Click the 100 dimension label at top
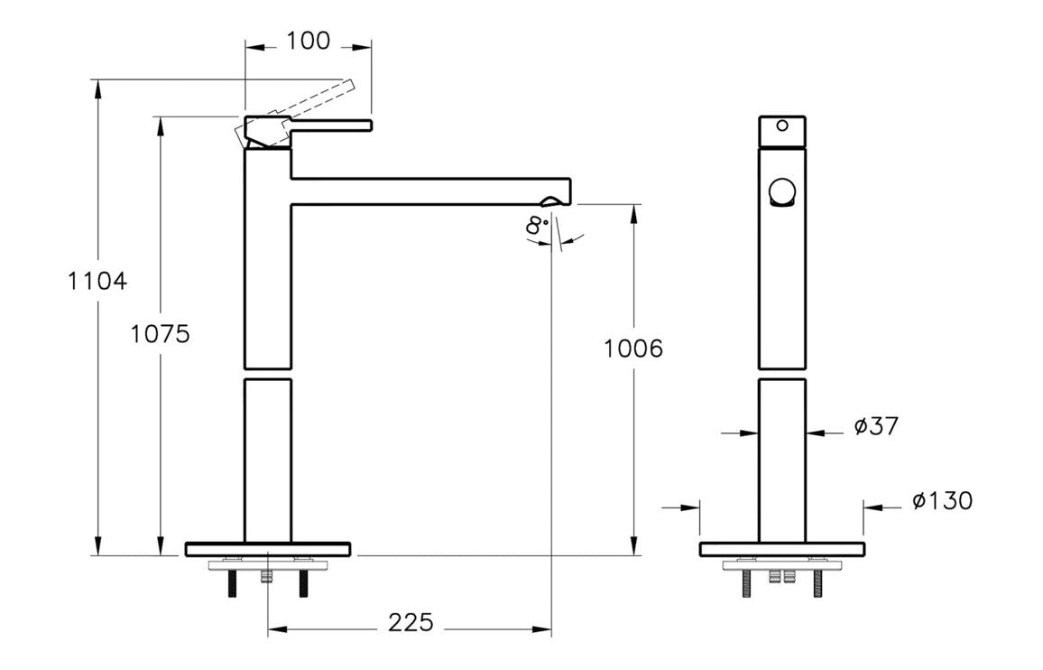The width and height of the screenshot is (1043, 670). [x=309, y=41]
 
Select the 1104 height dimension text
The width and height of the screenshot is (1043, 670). [x=97, y=281]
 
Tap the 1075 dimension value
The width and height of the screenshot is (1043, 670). [x=160, y=334]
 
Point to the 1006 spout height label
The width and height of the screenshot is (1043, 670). [x=633, y=349]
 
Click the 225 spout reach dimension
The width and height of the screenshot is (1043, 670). [x=411, y=622]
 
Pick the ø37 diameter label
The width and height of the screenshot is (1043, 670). [x=876, y=426]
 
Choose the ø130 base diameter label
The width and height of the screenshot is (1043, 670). [x=942, y=501]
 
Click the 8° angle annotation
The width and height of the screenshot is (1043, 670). [x=537, y=226]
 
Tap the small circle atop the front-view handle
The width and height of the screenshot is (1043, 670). [x=782, y=126]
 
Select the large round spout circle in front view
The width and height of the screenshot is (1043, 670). [x=782, y=194]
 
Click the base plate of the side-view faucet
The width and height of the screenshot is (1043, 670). [x=268, y=549]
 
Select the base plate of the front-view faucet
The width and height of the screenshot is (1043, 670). [x=782, y=549]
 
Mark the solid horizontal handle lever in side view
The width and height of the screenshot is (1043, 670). [x=330, y=124]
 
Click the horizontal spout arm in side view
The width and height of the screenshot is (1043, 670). [x=424, y=191]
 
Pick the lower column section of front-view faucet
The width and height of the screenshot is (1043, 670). [x=782, y=461]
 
